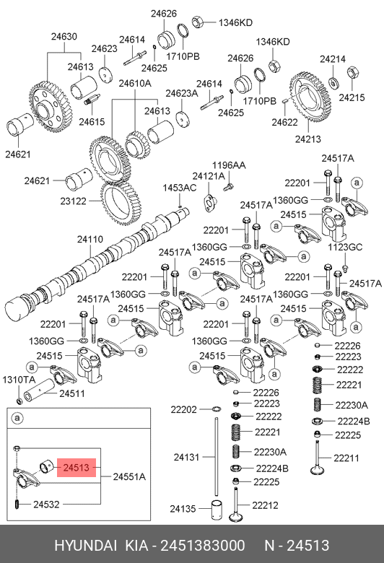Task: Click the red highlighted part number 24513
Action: click(x=77, y=468)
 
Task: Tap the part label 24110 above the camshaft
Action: click(x=90, y=239)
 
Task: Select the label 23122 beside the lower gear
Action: click(x=74, y=201)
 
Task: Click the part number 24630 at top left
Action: click(x=64, y=36)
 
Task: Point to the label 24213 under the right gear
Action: click(x=308, y=139)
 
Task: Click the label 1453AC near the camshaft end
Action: click(x=180, y=188)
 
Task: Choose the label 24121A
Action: click(x=209, y=176)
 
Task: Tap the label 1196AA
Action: click(x=229, y=165)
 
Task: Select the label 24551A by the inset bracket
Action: click(x=129, y=477)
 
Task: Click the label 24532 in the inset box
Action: click(x=46, y=505)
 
